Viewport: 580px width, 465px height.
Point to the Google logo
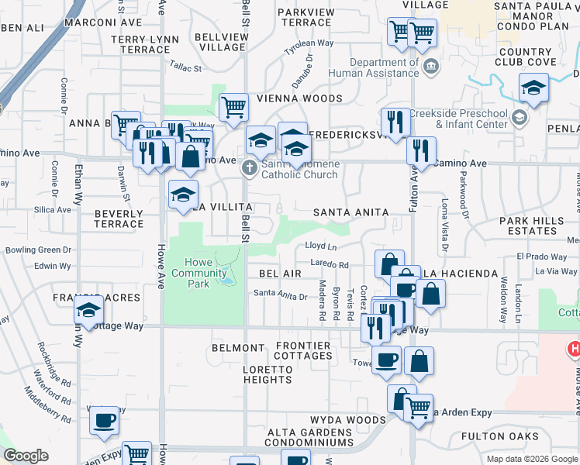click(x=26, y=456)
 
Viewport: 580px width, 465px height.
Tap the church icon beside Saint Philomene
click(x=250, y=167)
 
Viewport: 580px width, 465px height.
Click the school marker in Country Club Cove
click(x=533, y=89)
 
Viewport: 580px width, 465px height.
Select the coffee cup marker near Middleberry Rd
click(x=104, y=421)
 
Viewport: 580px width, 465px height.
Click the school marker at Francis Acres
click(x=89, y=312)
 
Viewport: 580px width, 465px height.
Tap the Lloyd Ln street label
click(x=320, y=246)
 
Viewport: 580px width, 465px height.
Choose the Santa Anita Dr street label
click(x=281, y=295)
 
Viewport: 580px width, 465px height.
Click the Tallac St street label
click(x=185, y=68)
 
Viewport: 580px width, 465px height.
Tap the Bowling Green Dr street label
click(x=38, y=250)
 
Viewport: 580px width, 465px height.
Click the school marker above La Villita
click(x=184, y=195)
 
